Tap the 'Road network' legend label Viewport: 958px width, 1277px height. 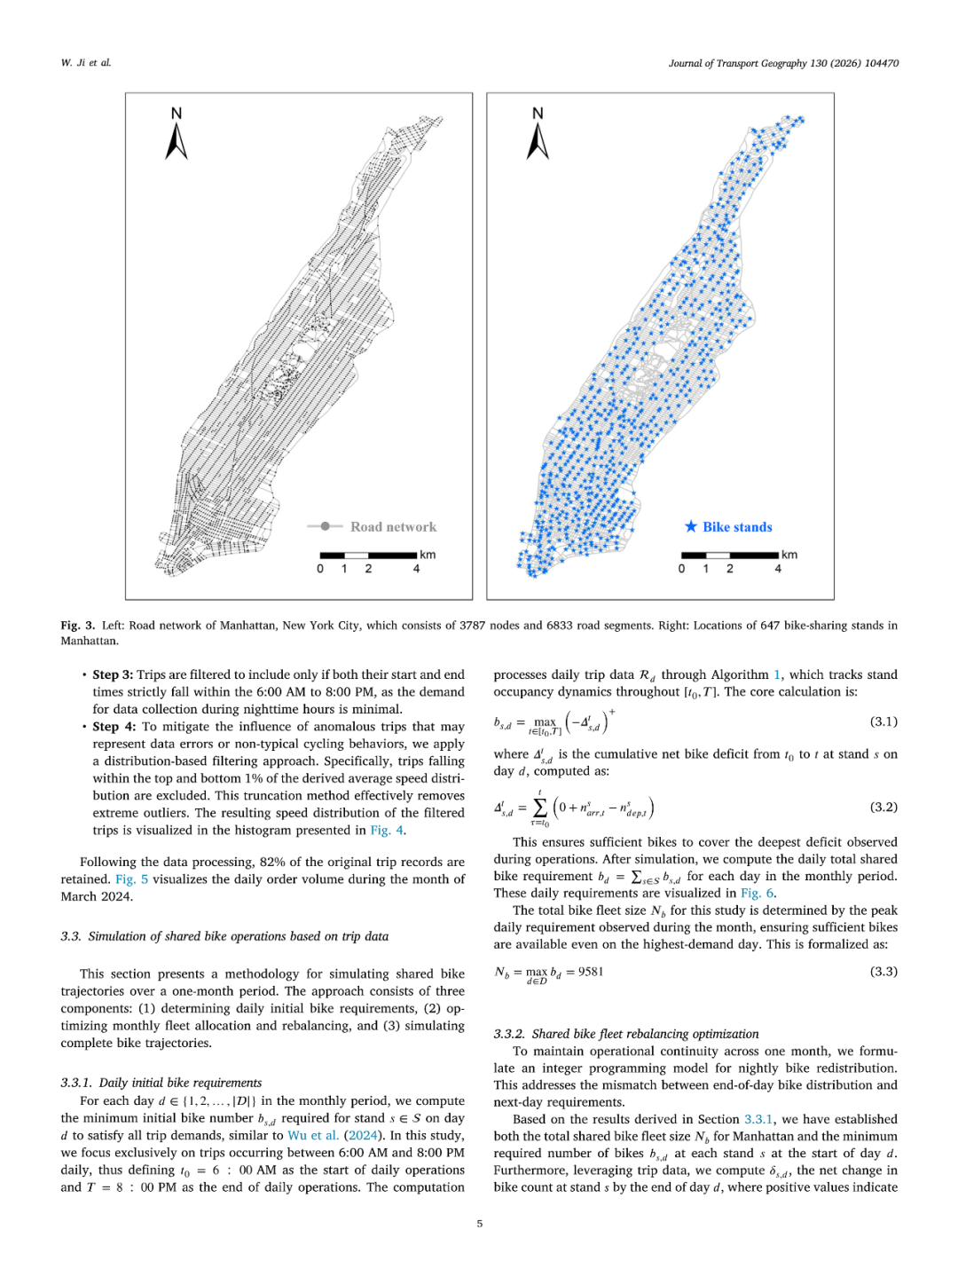click(393, 527)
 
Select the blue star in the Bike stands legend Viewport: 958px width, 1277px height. click(691, 526)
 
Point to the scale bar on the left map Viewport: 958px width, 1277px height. click(368, 556)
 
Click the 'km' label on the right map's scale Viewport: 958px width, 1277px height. click(789, 555)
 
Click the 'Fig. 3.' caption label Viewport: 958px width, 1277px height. click(77, 626)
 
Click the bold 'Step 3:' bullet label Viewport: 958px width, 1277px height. click(113, 675)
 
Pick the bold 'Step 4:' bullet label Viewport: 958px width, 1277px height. click(113, 727)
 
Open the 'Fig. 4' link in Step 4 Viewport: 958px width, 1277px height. click(387, 831)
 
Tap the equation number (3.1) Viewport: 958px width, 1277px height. click(883, 721)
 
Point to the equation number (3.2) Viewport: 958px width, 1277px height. click(883, 808)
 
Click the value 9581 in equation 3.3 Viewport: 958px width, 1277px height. click(591, 972)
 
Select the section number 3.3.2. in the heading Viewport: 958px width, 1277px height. click(510, 1034)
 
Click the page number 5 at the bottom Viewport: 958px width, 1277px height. click(480, 1224)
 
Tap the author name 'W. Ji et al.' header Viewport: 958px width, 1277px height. click(86, 63)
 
